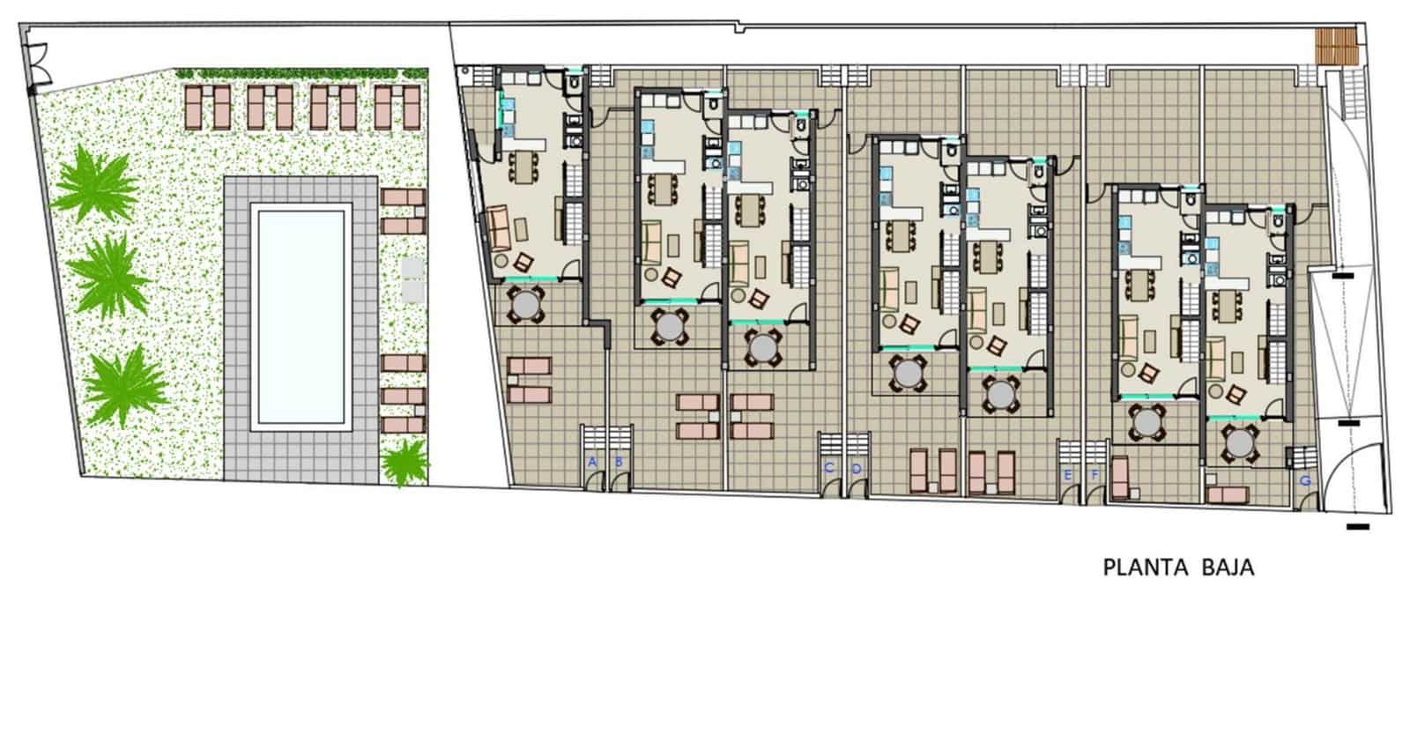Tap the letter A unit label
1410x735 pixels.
(x=592, y=462)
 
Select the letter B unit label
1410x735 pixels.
(x=619, y=462)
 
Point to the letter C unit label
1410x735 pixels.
(x=828, y=468)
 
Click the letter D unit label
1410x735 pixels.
(x=856, y=468)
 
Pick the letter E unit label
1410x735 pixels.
(x=1068, y=475)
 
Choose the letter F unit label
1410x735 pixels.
(x=1095, y=475)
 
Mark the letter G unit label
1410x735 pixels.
(x=1305, y=481)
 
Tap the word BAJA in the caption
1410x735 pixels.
(x=1228, y=568)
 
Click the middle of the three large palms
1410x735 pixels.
(x=108, y=275)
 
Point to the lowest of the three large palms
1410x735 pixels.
(x=124, y=385)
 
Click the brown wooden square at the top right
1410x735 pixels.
(x=1336, y=46)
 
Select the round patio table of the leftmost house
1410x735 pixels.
(x=526, y=306)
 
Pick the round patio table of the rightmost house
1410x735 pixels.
(x=1240, y=441)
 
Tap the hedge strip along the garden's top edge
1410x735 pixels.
(x=301, y=74)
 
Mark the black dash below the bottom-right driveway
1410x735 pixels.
(x=1358, y=527)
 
